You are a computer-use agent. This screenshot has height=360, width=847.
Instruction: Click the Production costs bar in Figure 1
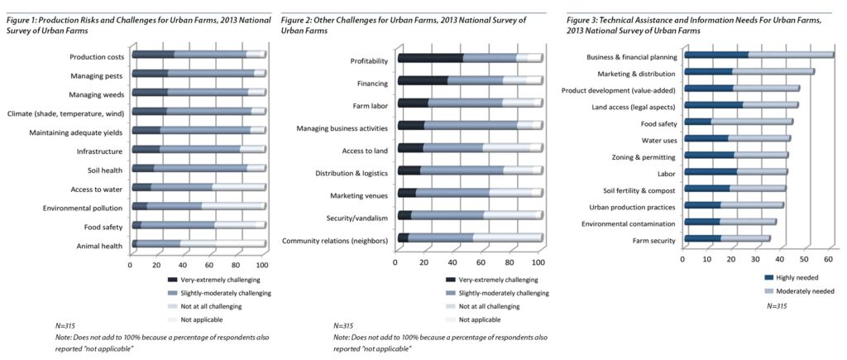tap(199, 55)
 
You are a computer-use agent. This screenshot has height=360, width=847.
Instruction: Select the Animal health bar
tap(199, 244)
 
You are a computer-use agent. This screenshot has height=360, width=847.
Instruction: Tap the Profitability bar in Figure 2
tap(470, 58)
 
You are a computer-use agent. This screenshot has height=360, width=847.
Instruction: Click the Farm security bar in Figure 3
tap(727, 240)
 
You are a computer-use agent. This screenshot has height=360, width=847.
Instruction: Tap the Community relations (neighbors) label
tap(337, 240)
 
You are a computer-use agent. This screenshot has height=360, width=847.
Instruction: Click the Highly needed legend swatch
tap(768, 278)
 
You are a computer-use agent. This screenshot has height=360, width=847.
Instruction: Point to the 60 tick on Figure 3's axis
tap(825, 259)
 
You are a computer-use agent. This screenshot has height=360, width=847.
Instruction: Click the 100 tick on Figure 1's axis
tap(263, 266)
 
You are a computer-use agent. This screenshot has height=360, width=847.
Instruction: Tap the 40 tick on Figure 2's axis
tap(452, 262)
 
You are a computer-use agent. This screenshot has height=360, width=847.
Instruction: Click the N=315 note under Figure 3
tap(776, 305)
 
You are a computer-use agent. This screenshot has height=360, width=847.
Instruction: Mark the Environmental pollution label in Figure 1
tap(83, 207)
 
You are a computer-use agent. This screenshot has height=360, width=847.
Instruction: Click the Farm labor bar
tap(470, 103)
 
